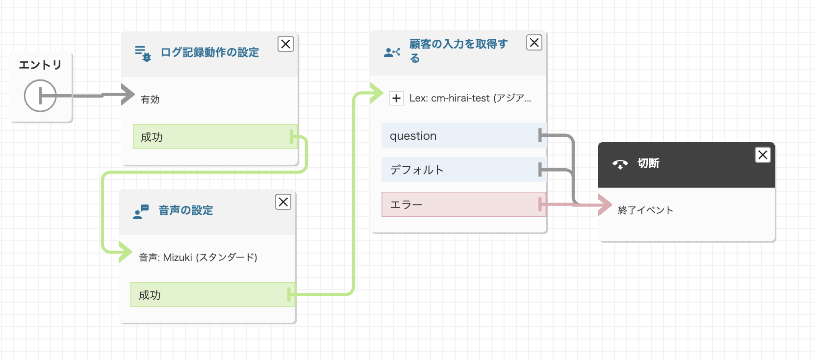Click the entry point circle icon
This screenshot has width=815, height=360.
[x=40, y=96]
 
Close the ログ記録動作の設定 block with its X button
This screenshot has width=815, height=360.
[x=285, y=44]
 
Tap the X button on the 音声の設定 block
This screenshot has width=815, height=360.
[x=283, y=202]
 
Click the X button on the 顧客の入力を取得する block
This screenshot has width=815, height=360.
[x=534, y=43]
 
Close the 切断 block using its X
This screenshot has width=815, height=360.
[x=763, y=155]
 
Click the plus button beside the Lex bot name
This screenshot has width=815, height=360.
[x=396, y=98]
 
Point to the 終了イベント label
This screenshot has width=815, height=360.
[x=645, y=210]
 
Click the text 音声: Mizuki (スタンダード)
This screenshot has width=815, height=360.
[x=198, y=257]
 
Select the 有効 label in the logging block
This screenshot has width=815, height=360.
[x=150, y=100]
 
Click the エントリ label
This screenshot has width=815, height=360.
[x=40, y=65]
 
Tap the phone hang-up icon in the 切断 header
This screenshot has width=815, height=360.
[x=620, y=164]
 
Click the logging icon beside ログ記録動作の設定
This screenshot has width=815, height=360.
[x=143, y=53]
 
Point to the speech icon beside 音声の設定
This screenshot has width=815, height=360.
[x=141, y=211]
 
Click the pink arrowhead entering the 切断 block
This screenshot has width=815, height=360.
[x=605, y=204]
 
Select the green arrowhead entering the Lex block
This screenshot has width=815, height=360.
[x=377, y=93]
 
